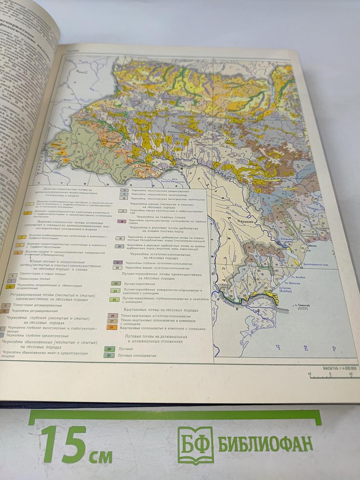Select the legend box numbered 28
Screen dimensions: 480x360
tap(112, 327)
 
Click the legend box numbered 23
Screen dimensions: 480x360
tap(116, 283)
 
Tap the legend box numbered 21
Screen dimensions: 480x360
tap(117, 262)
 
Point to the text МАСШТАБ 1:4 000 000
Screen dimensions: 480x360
tap(340, 368)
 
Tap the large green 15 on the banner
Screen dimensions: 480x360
tap(63, 444)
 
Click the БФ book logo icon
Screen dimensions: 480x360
tap(196, 445)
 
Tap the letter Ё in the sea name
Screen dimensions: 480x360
tap(306, 348)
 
